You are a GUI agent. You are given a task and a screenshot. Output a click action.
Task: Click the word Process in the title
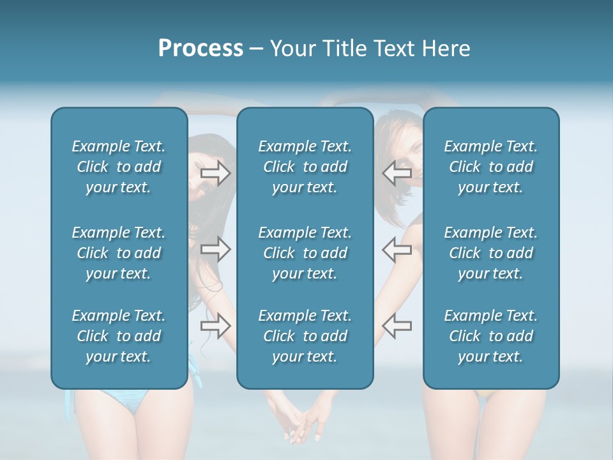[x=201, y=49]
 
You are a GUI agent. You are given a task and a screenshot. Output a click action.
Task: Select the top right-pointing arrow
[x=215, y=173]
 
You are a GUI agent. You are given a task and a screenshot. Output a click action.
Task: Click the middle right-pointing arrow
[x=215, y=250]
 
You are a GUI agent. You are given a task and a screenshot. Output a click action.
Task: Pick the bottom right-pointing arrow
[x=215, y=326]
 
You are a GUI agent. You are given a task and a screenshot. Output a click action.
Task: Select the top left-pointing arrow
[x=397, y=173]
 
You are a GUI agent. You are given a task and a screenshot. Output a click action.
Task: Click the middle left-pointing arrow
[x=397, y=250]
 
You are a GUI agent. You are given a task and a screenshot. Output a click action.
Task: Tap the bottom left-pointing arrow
[x=397, y=326]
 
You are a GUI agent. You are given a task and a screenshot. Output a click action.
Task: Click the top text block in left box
[x=119, y=167]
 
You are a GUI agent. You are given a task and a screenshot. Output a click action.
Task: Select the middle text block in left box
[x=119, y=253]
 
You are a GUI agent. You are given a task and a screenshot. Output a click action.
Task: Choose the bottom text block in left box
[x=119, y=336]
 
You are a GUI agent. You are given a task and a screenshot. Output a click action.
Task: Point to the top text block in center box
[x=305, y=167]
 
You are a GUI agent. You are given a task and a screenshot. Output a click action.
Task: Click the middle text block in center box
[x=305, y=253]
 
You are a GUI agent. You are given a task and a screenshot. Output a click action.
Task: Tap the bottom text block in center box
[x=305, y=336]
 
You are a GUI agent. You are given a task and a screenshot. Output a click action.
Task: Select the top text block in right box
[x=490, y=167]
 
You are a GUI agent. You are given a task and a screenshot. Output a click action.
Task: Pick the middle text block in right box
[x=490, y=253]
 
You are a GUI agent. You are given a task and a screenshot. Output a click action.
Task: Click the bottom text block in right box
[x=490, y=336]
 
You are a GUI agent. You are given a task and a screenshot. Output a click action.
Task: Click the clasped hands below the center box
[x=303, y=424]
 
